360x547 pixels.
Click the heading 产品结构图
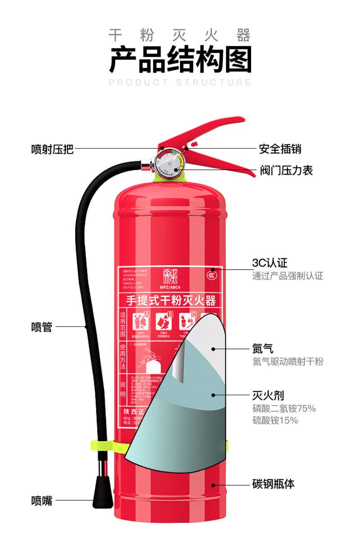(x=180, y=60)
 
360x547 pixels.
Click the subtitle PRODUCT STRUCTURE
(x=180, y=82)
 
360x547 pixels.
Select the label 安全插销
(x=279, y=149)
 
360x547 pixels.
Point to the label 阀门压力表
(x=286, y=170)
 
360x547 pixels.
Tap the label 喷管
(x=41, y=327)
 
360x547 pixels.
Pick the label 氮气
(x=262, y=348)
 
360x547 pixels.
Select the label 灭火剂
(x=268, y=396)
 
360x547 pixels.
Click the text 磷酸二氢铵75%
(x=283, y=409)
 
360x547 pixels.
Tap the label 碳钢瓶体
(x=273, y=484)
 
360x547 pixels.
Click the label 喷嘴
(x=41, y=500)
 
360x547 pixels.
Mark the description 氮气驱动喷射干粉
(x=287, y=362)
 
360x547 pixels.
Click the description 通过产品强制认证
(x=287, y=276)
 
